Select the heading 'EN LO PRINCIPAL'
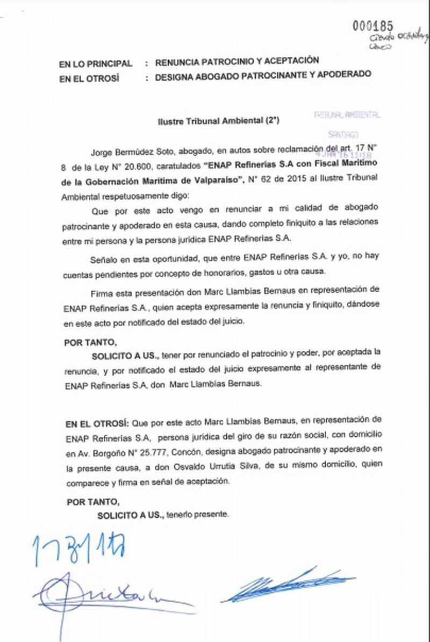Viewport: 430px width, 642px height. click(x=95, y=63)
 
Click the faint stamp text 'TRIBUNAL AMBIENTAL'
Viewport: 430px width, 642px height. click(x=347, y=115)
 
